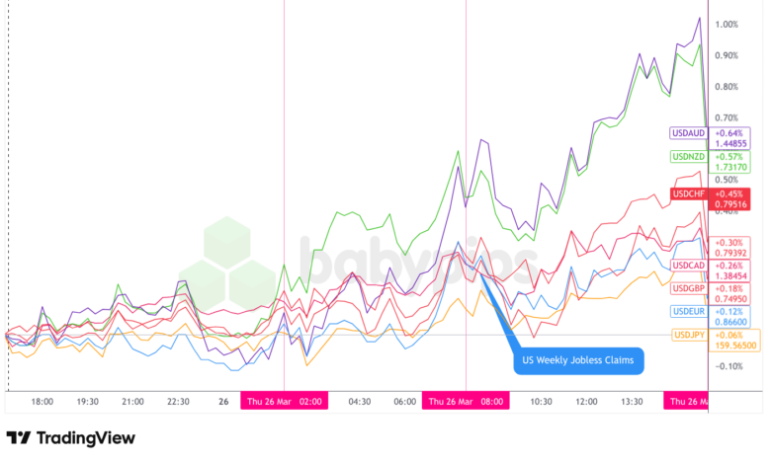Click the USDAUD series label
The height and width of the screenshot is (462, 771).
[x=687, y=133]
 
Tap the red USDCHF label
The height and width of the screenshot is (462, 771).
[x=687, y=192]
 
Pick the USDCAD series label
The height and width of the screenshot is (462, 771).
[x=687, y=266]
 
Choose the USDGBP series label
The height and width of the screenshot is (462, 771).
[x=687, y=288]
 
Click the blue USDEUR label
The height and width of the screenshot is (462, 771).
[x=687, y=312]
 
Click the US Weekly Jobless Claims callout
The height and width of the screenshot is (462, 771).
[x=578, y=360]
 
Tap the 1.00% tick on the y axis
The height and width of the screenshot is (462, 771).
[x=728, y=25]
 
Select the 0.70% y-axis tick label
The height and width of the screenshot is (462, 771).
[x=728, y=117]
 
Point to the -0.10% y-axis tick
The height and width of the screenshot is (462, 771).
[x=728, y=366]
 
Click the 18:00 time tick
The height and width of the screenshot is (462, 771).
[x=43, y=402]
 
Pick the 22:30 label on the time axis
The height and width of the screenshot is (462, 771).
[x=178, y=402]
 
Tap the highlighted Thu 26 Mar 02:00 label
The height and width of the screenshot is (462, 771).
[x=284, y=402]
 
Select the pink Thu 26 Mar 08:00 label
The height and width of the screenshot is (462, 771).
[x=466, y=402]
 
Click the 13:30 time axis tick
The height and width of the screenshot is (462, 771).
[x=633, y=402]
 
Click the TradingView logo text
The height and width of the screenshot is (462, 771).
[x=71, y=437]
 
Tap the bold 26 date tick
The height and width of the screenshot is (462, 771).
[x=223, y=402]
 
